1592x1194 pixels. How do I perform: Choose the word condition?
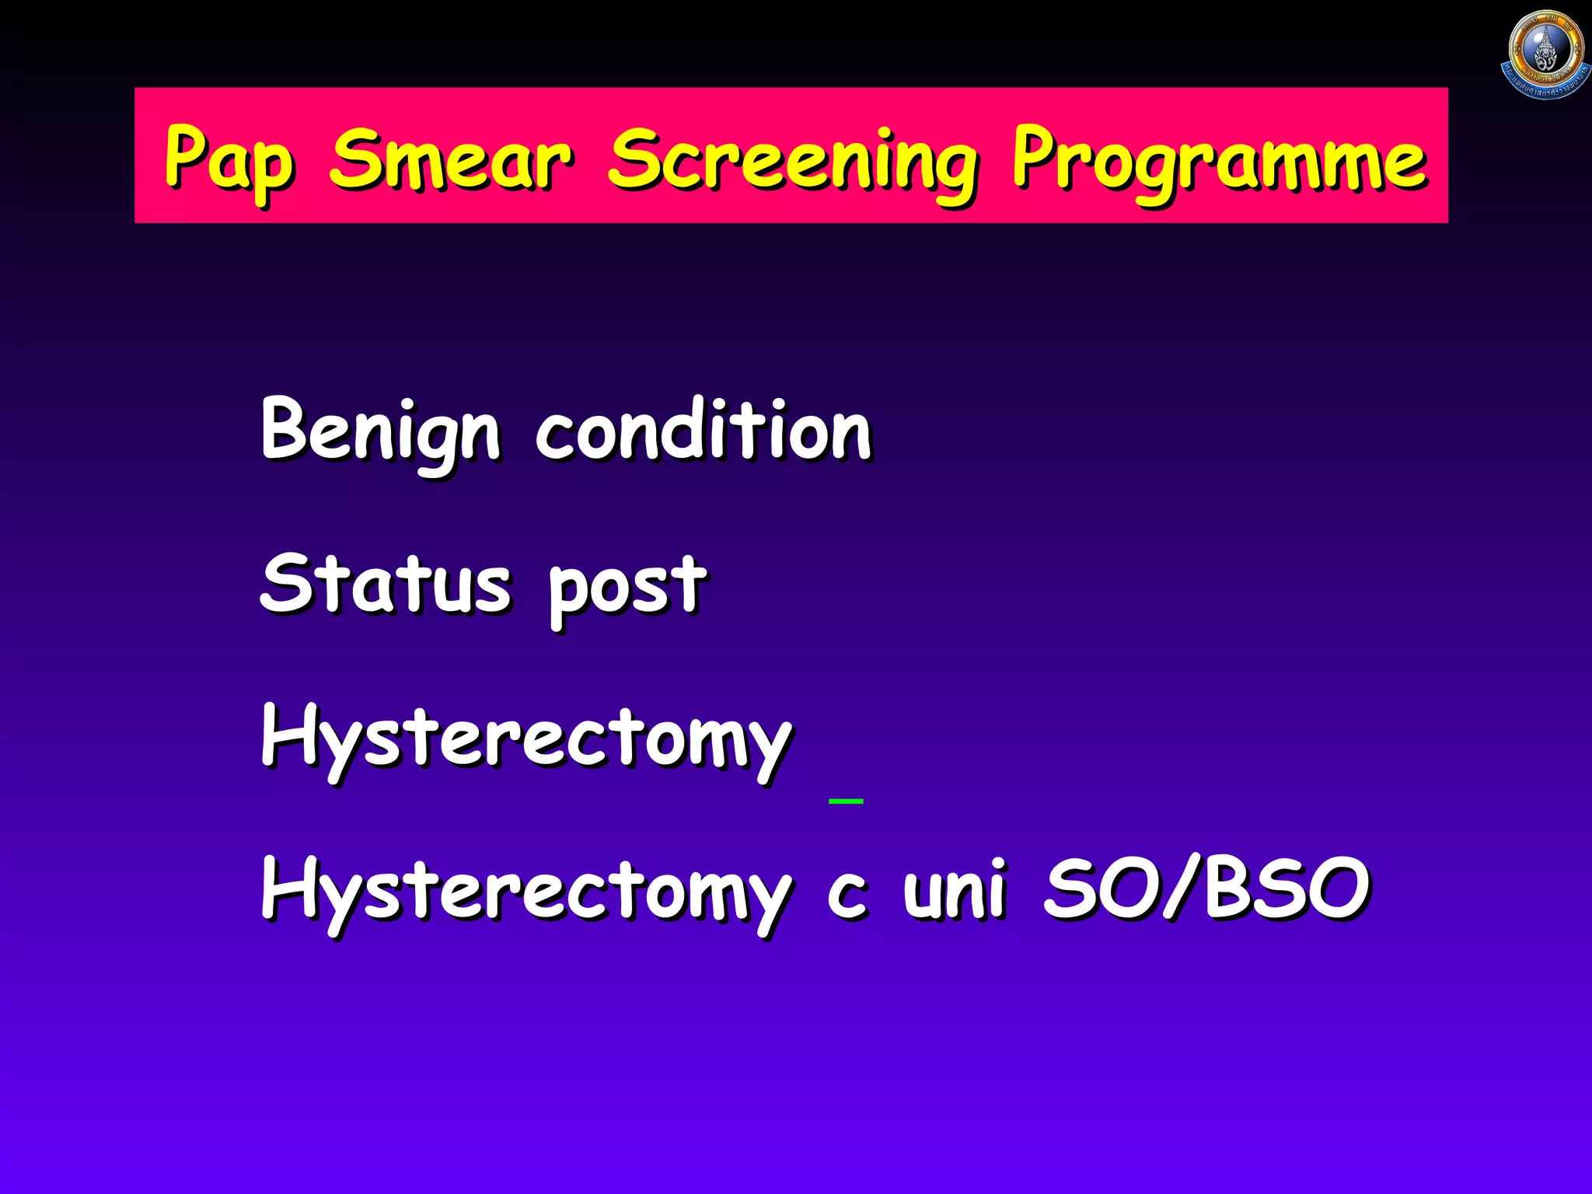click(x=703, y=431)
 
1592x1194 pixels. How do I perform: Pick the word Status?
click(x=385, y=585)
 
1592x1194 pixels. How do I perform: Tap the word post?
click(x=627, y=588)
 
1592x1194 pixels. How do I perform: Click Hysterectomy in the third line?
click(x=525, y=738)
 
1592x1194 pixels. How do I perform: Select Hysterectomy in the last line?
click(x=525, y=891)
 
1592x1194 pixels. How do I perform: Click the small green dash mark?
click(x=846, y=800)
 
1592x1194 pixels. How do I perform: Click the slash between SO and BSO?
click(x=1183, y=888)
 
